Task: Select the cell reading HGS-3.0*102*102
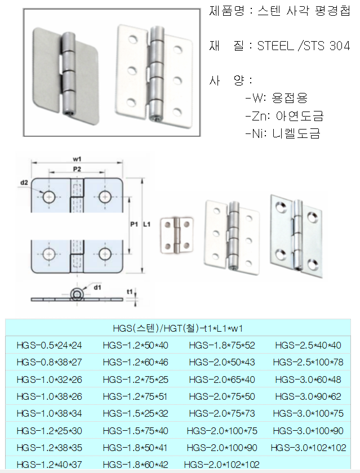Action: click(x=308, y=448)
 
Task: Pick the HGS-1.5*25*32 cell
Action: click(x=135, y=413)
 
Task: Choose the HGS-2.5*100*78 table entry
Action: click(x=308, y=362)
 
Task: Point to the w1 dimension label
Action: click(x=77, y=159)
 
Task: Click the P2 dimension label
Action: click(x=78, y=169)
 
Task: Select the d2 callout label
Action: click(x=24, y=182)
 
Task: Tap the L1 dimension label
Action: click(x=146, y=225)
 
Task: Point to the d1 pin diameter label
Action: click(x=97, y=288)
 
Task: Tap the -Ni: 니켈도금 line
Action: click(x=282, y=134)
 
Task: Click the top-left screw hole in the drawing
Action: click(x=49, y=197)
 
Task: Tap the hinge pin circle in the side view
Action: click(x=75, y=294)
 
